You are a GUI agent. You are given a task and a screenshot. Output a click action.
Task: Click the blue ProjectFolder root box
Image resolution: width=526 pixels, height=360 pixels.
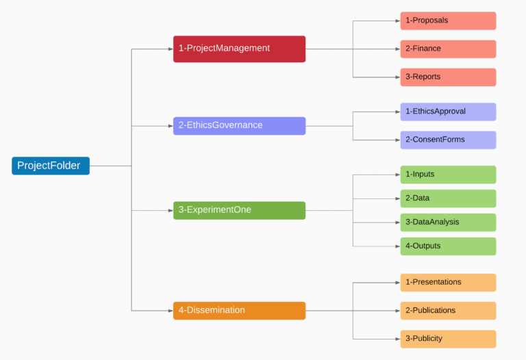click(51, 166)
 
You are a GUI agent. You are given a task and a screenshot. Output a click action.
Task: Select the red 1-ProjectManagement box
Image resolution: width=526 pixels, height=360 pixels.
click(239, 49)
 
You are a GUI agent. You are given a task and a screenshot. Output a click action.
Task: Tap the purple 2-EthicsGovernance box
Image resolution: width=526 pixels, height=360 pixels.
click(239, 125)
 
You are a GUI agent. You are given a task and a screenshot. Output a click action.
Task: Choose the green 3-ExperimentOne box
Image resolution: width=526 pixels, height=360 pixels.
click(239, 210)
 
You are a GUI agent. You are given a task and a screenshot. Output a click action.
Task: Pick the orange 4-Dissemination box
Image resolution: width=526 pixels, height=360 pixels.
click(239, 311)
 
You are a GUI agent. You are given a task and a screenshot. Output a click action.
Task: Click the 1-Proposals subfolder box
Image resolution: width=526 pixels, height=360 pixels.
click(448, 21)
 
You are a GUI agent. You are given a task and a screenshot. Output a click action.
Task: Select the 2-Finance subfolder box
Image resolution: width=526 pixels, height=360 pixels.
click(448, 49)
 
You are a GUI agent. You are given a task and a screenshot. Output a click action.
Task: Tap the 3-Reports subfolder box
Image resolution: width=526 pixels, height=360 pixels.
click(448, 77)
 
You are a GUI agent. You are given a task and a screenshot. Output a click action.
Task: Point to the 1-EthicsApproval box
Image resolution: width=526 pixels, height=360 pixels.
click(448, 112)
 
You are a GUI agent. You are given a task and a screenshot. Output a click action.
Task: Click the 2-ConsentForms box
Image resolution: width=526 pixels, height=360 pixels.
click(448, 140)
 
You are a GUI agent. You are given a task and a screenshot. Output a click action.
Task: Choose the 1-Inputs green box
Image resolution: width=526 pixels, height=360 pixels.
click(448, 175)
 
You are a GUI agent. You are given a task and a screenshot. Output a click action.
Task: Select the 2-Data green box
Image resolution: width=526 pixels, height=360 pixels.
click(448, 198)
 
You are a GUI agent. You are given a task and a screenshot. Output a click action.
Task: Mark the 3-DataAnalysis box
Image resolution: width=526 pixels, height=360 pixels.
click(448, 222)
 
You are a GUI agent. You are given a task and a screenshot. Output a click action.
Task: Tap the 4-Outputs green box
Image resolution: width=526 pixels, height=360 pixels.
click(448, 246)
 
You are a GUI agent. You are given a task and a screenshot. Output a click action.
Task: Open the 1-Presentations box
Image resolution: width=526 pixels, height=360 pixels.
click(448, 283)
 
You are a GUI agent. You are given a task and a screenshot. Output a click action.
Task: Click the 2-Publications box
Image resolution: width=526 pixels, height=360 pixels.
click(448, 311)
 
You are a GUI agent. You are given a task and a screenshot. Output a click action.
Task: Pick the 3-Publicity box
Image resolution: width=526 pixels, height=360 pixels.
click(448, 339)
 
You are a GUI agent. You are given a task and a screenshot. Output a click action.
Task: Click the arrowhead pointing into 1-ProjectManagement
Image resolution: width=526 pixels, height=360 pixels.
click(169, 49)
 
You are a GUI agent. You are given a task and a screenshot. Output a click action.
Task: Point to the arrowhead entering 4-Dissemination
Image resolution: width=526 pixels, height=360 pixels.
click(169, 311)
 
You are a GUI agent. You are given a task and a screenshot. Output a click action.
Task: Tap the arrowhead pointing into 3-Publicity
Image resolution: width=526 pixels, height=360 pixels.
click(397, 339)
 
